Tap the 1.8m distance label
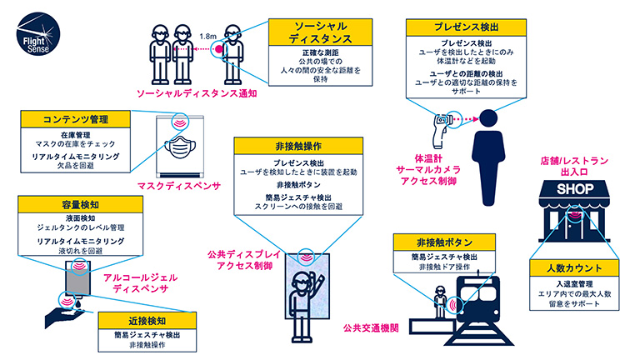209,37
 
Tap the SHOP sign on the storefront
575,190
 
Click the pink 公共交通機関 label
370,328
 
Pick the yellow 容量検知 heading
71,204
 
